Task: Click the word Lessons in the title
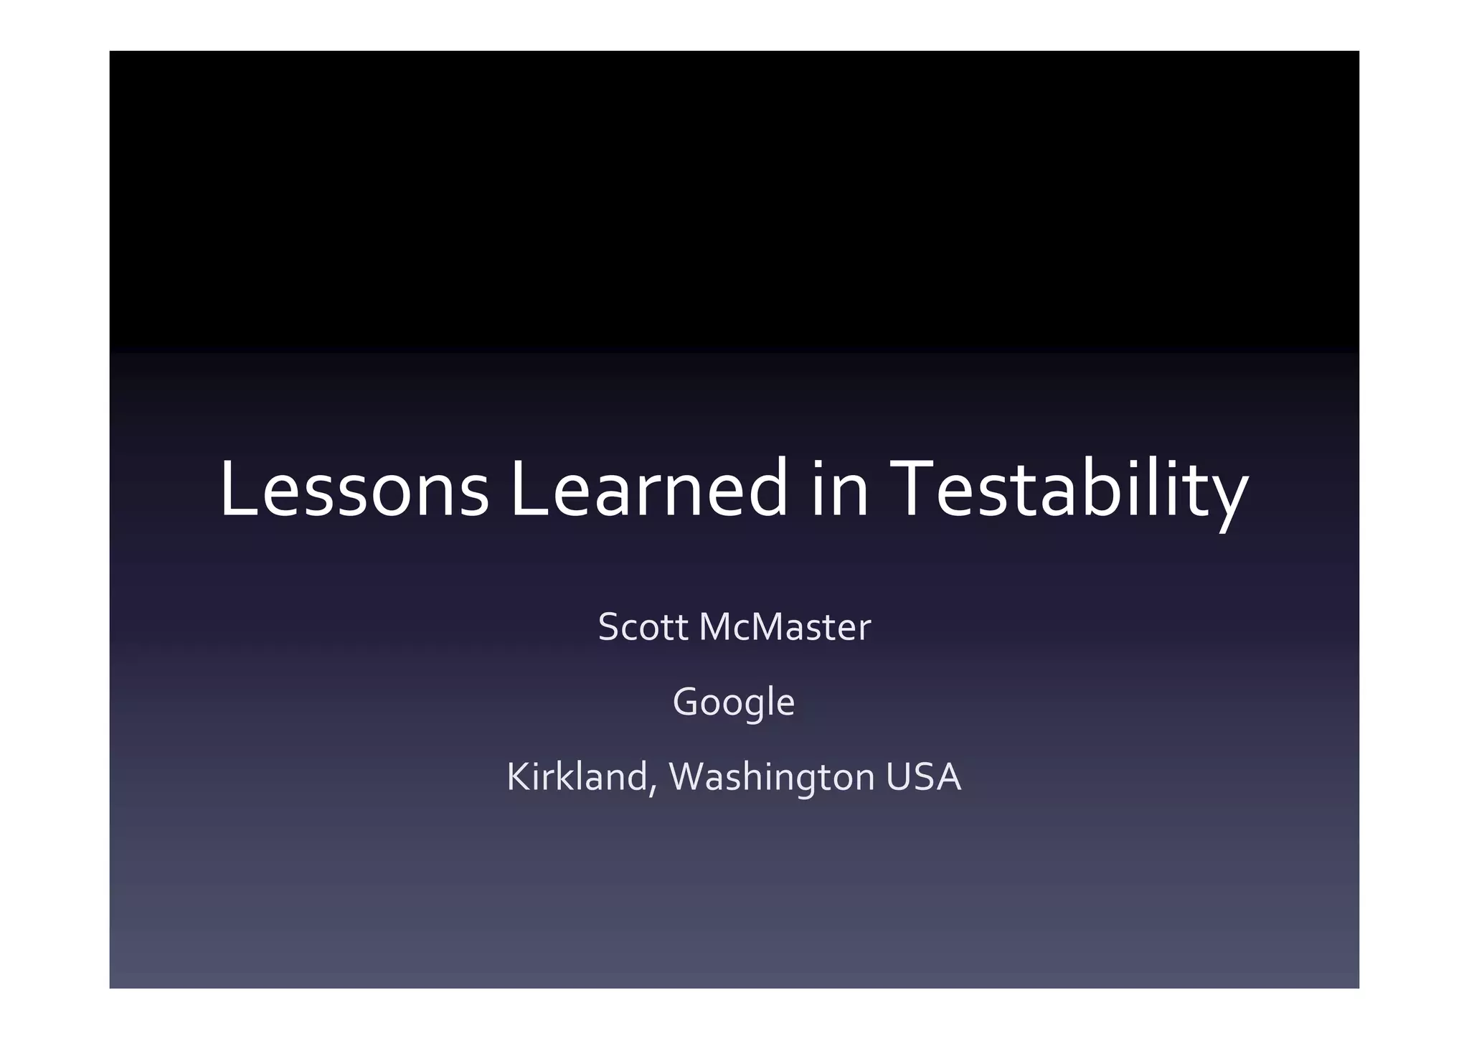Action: click(354, 489)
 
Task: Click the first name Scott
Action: click(643, 627)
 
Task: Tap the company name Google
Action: click(734, 702)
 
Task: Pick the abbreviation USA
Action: click(923, 777)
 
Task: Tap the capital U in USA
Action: click(899, 777)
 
